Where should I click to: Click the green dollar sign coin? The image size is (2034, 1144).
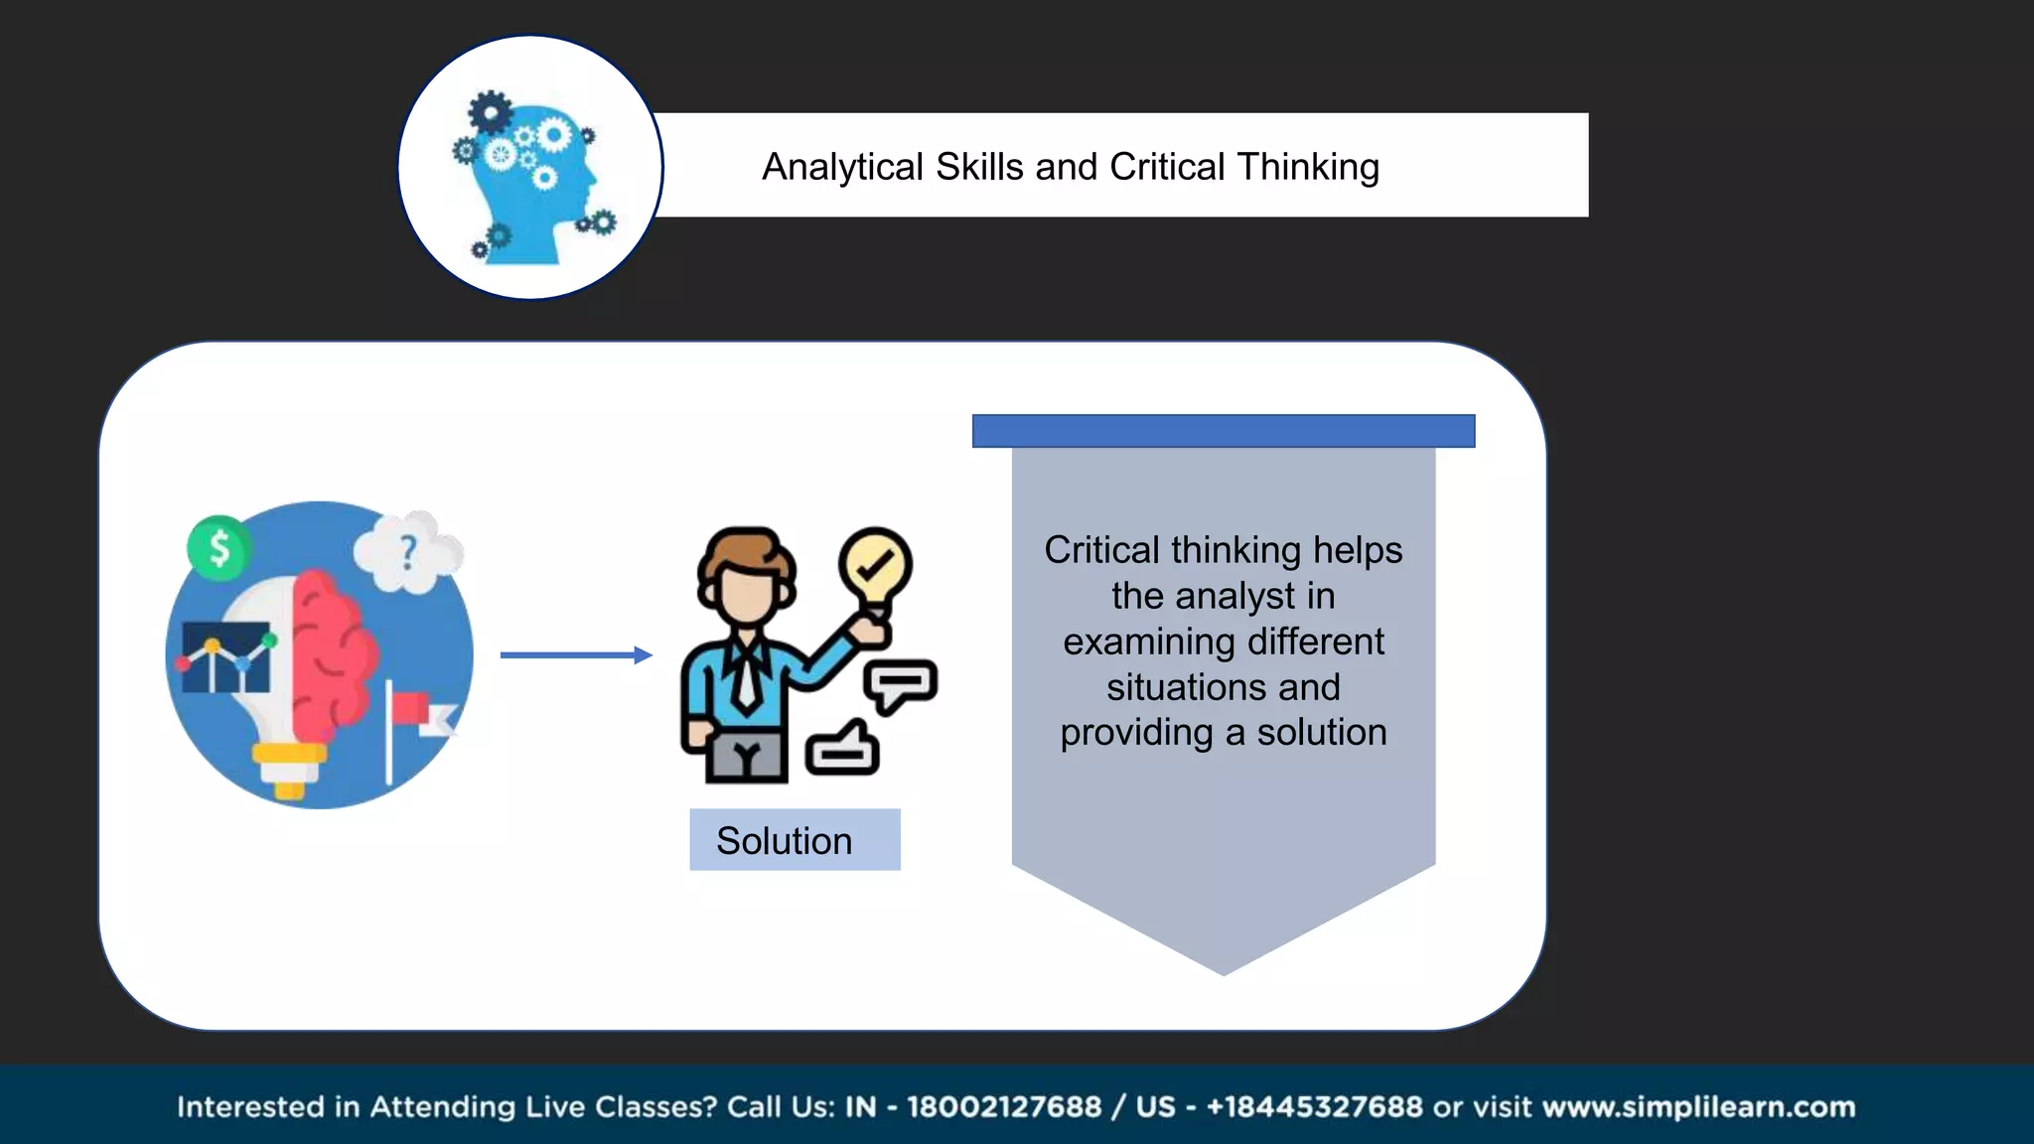[218, 547]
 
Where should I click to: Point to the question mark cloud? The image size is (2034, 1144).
[407, 552]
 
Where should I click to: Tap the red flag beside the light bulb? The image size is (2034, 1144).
[408, 708]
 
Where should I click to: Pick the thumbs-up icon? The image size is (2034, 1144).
[843, 748]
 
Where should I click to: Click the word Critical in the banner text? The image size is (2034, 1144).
[1101, 550]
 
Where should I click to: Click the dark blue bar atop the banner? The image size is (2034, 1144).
[1223, 431]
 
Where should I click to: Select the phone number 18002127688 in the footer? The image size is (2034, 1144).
[1004, 1106]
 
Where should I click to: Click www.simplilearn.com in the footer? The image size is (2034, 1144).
[1698, 1106]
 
